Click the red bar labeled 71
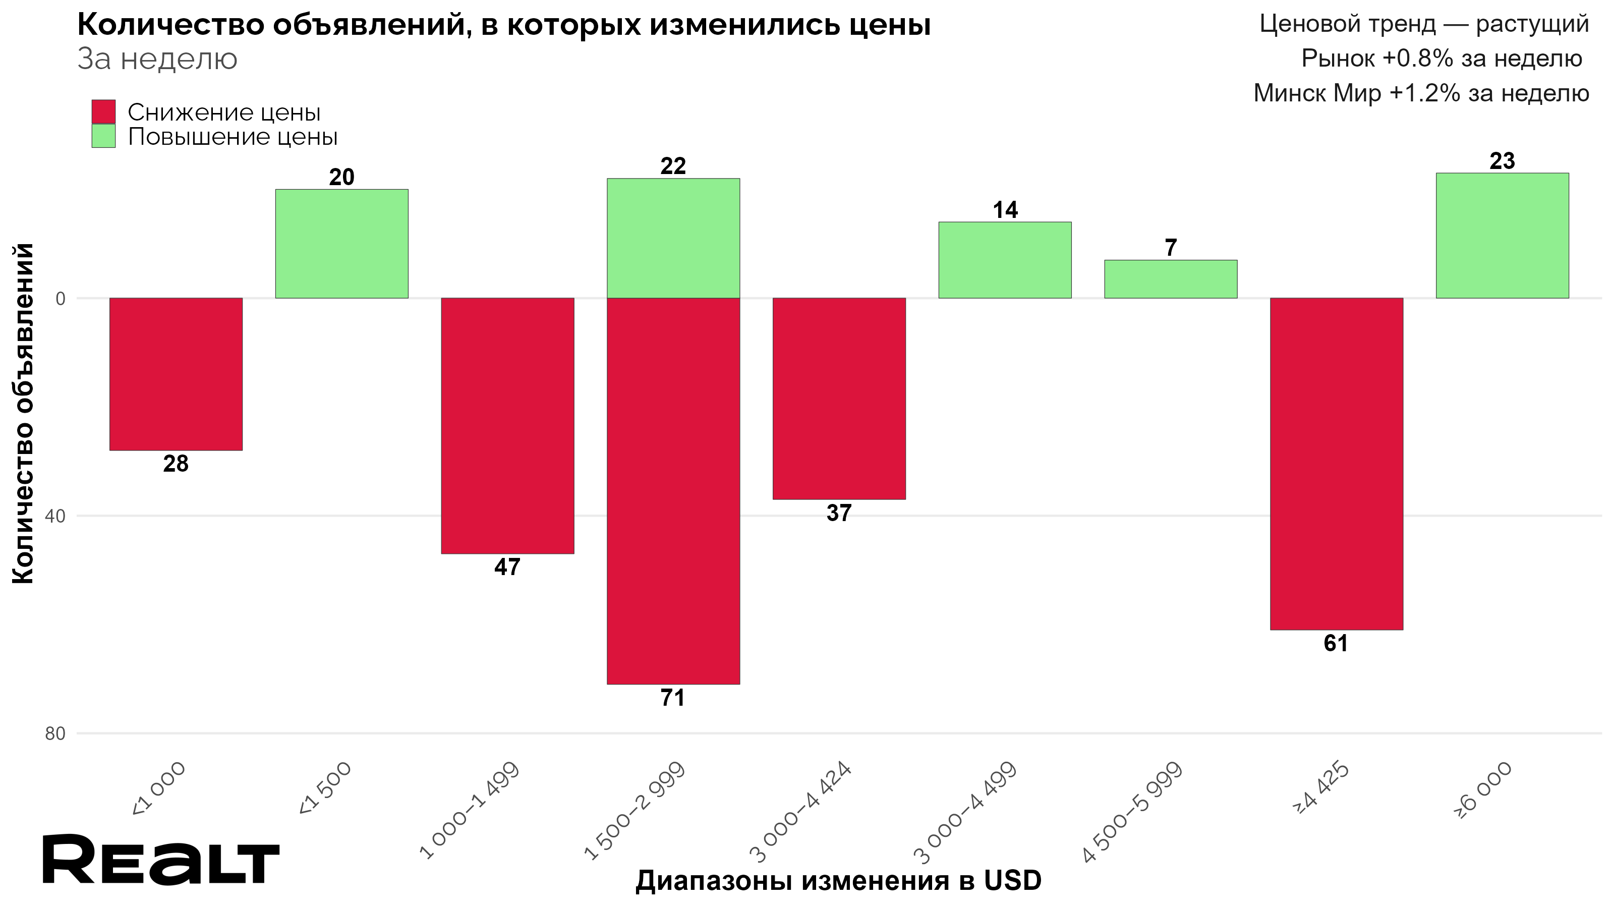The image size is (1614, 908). pos(673,491)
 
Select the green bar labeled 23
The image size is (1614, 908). pos(1502,235)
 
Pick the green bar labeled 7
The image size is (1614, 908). pos(1170,279)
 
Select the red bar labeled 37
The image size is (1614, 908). pos(839,399)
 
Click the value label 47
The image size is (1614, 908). pos(507,567)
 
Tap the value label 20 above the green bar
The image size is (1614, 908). pos(341,178)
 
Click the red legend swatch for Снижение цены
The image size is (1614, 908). pos(103,112)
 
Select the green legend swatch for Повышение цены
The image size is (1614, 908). pos(103,136)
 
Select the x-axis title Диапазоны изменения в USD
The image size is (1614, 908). pos(838,880)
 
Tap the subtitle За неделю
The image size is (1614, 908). pos(157,60)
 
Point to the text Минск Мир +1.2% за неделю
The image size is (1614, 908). pos(1421,93)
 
